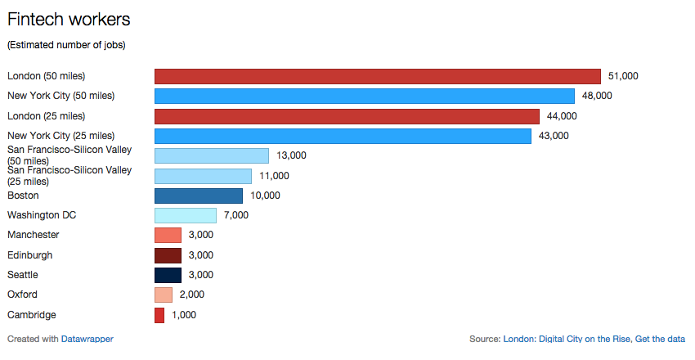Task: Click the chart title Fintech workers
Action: (x=69, y=18)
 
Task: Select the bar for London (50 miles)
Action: (x=378, y=76)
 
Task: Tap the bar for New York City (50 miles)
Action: (x=365, y=96)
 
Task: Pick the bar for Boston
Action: (x=199, y=196)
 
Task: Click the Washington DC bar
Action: (x=186, y=215)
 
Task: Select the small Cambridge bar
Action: (x=159, y=315)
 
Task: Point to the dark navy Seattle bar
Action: (x=168, y=275)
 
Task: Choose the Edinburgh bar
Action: (x=168, y=255)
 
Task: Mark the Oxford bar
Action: (x=164, y=295)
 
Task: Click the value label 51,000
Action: (x=623, y=76)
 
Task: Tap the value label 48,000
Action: (x=597, y=96)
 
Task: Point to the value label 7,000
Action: (x=236, y=215)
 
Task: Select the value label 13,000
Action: (x=291, y=155)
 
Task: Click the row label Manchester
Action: (x=34, y=235)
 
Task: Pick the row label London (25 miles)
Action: (x=46, y=115)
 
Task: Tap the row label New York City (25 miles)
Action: (x=61, y=135)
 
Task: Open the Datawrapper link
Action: (x=87, y=339)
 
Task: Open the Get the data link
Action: (x=660, y=339)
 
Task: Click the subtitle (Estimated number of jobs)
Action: (x=66, y=44)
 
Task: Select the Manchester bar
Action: (x=168, y=235)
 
